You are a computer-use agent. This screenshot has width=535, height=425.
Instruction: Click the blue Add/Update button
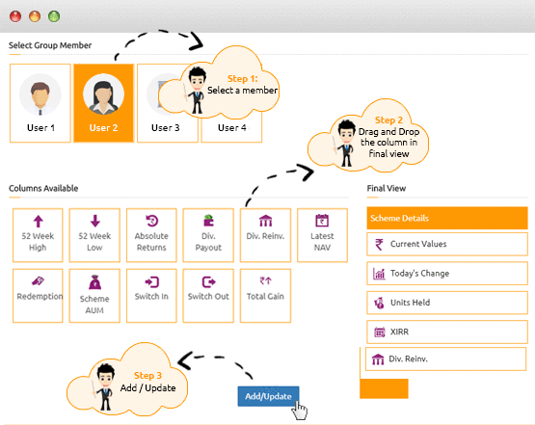point(268,396)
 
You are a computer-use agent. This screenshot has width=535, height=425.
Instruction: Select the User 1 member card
point(40,103)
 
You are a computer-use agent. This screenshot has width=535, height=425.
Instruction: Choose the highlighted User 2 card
point(104,103)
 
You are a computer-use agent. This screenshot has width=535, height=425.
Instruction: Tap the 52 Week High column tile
point(38,235)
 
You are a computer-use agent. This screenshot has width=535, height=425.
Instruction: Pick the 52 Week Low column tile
point(94,235)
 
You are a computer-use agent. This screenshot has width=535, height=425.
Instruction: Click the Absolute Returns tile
point(151,235)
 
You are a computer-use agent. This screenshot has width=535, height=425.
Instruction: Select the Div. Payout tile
point(208,235)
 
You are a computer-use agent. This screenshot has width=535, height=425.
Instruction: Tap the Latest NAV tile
point(322,235)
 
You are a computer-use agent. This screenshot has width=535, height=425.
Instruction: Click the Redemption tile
point(38,296)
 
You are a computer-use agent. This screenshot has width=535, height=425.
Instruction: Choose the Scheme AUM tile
point(94,296)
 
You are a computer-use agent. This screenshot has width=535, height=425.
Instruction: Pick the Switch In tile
point(151,296)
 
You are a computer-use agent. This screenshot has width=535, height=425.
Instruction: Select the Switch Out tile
point(208,296)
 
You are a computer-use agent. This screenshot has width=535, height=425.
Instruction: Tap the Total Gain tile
point(265,296)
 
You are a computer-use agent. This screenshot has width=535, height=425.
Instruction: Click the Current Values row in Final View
point(447,244)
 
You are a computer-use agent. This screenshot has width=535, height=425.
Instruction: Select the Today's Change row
point(447,274)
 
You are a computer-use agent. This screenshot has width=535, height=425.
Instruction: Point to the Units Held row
point(447,303)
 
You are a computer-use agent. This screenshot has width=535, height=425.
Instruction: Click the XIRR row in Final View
point(447,332)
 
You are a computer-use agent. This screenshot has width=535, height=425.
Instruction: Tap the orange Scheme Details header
point(447,218)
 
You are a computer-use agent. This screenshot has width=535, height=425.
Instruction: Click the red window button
point(15,16)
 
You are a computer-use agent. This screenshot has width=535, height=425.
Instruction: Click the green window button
point(54,16)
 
